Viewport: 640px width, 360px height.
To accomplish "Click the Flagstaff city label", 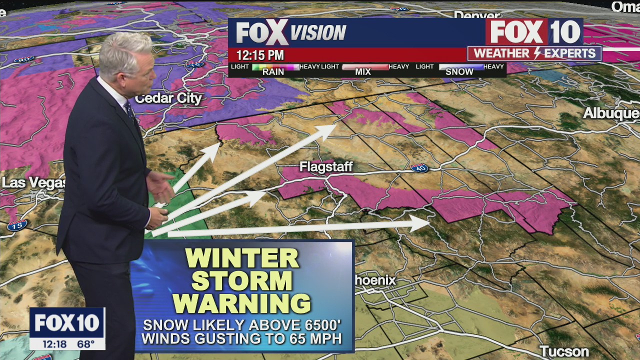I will point(326,167).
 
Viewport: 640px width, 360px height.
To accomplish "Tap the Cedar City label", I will point(168,98).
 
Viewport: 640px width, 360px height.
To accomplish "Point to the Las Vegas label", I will point(33,182).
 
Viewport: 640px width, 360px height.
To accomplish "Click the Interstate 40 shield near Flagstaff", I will point(419,168).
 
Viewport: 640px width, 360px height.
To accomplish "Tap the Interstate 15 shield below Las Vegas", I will point(16,225).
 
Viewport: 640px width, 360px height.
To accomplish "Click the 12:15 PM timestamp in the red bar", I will point(260,55).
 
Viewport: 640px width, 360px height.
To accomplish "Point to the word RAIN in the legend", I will point(273,72).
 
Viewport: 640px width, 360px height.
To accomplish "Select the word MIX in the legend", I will point(363,72).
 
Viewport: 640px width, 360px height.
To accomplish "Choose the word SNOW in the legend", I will point(459,72).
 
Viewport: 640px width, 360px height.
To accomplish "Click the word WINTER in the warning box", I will point(242,258).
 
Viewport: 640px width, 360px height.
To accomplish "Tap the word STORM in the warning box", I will point(242,280).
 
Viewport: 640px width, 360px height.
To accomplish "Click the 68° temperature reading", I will point(86,344).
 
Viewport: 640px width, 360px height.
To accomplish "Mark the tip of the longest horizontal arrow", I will point(429,223).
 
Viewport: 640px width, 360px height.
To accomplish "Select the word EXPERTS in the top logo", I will point(569,53).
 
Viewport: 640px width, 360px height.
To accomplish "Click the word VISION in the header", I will point(318,33).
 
